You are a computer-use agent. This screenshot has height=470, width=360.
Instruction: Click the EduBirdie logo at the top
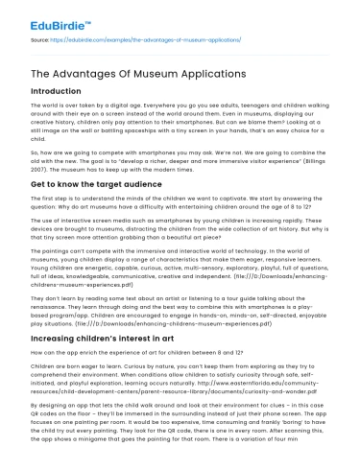48,18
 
